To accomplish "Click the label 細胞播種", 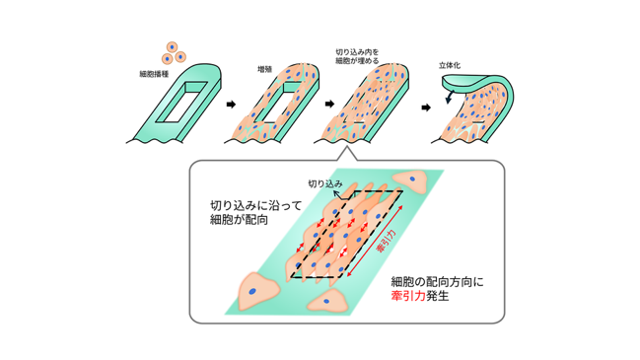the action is (154, 74).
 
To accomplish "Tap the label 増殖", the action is (265, 69).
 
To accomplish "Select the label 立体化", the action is (450, 65).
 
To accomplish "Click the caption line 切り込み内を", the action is (357, 52).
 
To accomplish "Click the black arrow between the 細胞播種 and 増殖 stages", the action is (231, 105).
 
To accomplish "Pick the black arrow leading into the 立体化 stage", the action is (426, 108).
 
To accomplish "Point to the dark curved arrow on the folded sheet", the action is (449, 97).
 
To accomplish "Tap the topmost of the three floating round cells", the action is (172, 47).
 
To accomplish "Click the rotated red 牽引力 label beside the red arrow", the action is (386, 241).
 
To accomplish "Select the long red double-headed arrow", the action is (375, 242).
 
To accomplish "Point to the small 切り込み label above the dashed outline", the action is (324, 183).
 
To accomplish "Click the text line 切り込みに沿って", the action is (256, 205).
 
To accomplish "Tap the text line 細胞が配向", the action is (239, 220).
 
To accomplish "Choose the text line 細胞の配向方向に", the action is (437, 282).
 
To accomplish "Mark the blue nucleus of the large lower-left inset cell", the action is (252, 291).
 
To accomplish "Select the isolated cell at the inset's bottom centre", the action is (327, 301).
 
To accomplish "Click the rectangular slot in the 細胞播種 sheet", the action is (185, 102).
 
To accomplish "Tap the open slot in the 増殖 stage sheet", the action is (282, 103).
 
